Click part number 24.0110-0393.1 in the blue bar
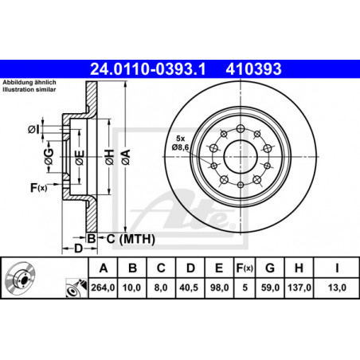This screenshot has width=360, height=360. (x=148, y=69)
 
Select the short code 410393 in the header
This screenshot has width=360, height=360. (x=253, y=69)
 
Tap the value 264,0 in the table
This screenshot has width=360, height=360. (x=103, y=288)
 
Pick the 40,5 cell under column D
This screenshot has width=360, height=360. (x=189, y=288)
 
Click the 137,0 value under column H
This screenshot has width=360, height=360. (x=299, y=288)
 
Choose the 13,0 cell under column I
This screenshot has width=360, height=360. (x=337, y=288)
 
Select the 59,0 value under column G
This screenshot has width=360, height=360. (x=270, y=288)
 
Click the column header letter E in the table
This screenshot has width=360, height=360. (x=219, y=268)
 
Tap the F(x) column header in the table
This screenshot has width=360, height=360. (x=245, y=268)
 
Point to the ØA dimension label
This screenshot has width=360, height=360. (x=126, y=157)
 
